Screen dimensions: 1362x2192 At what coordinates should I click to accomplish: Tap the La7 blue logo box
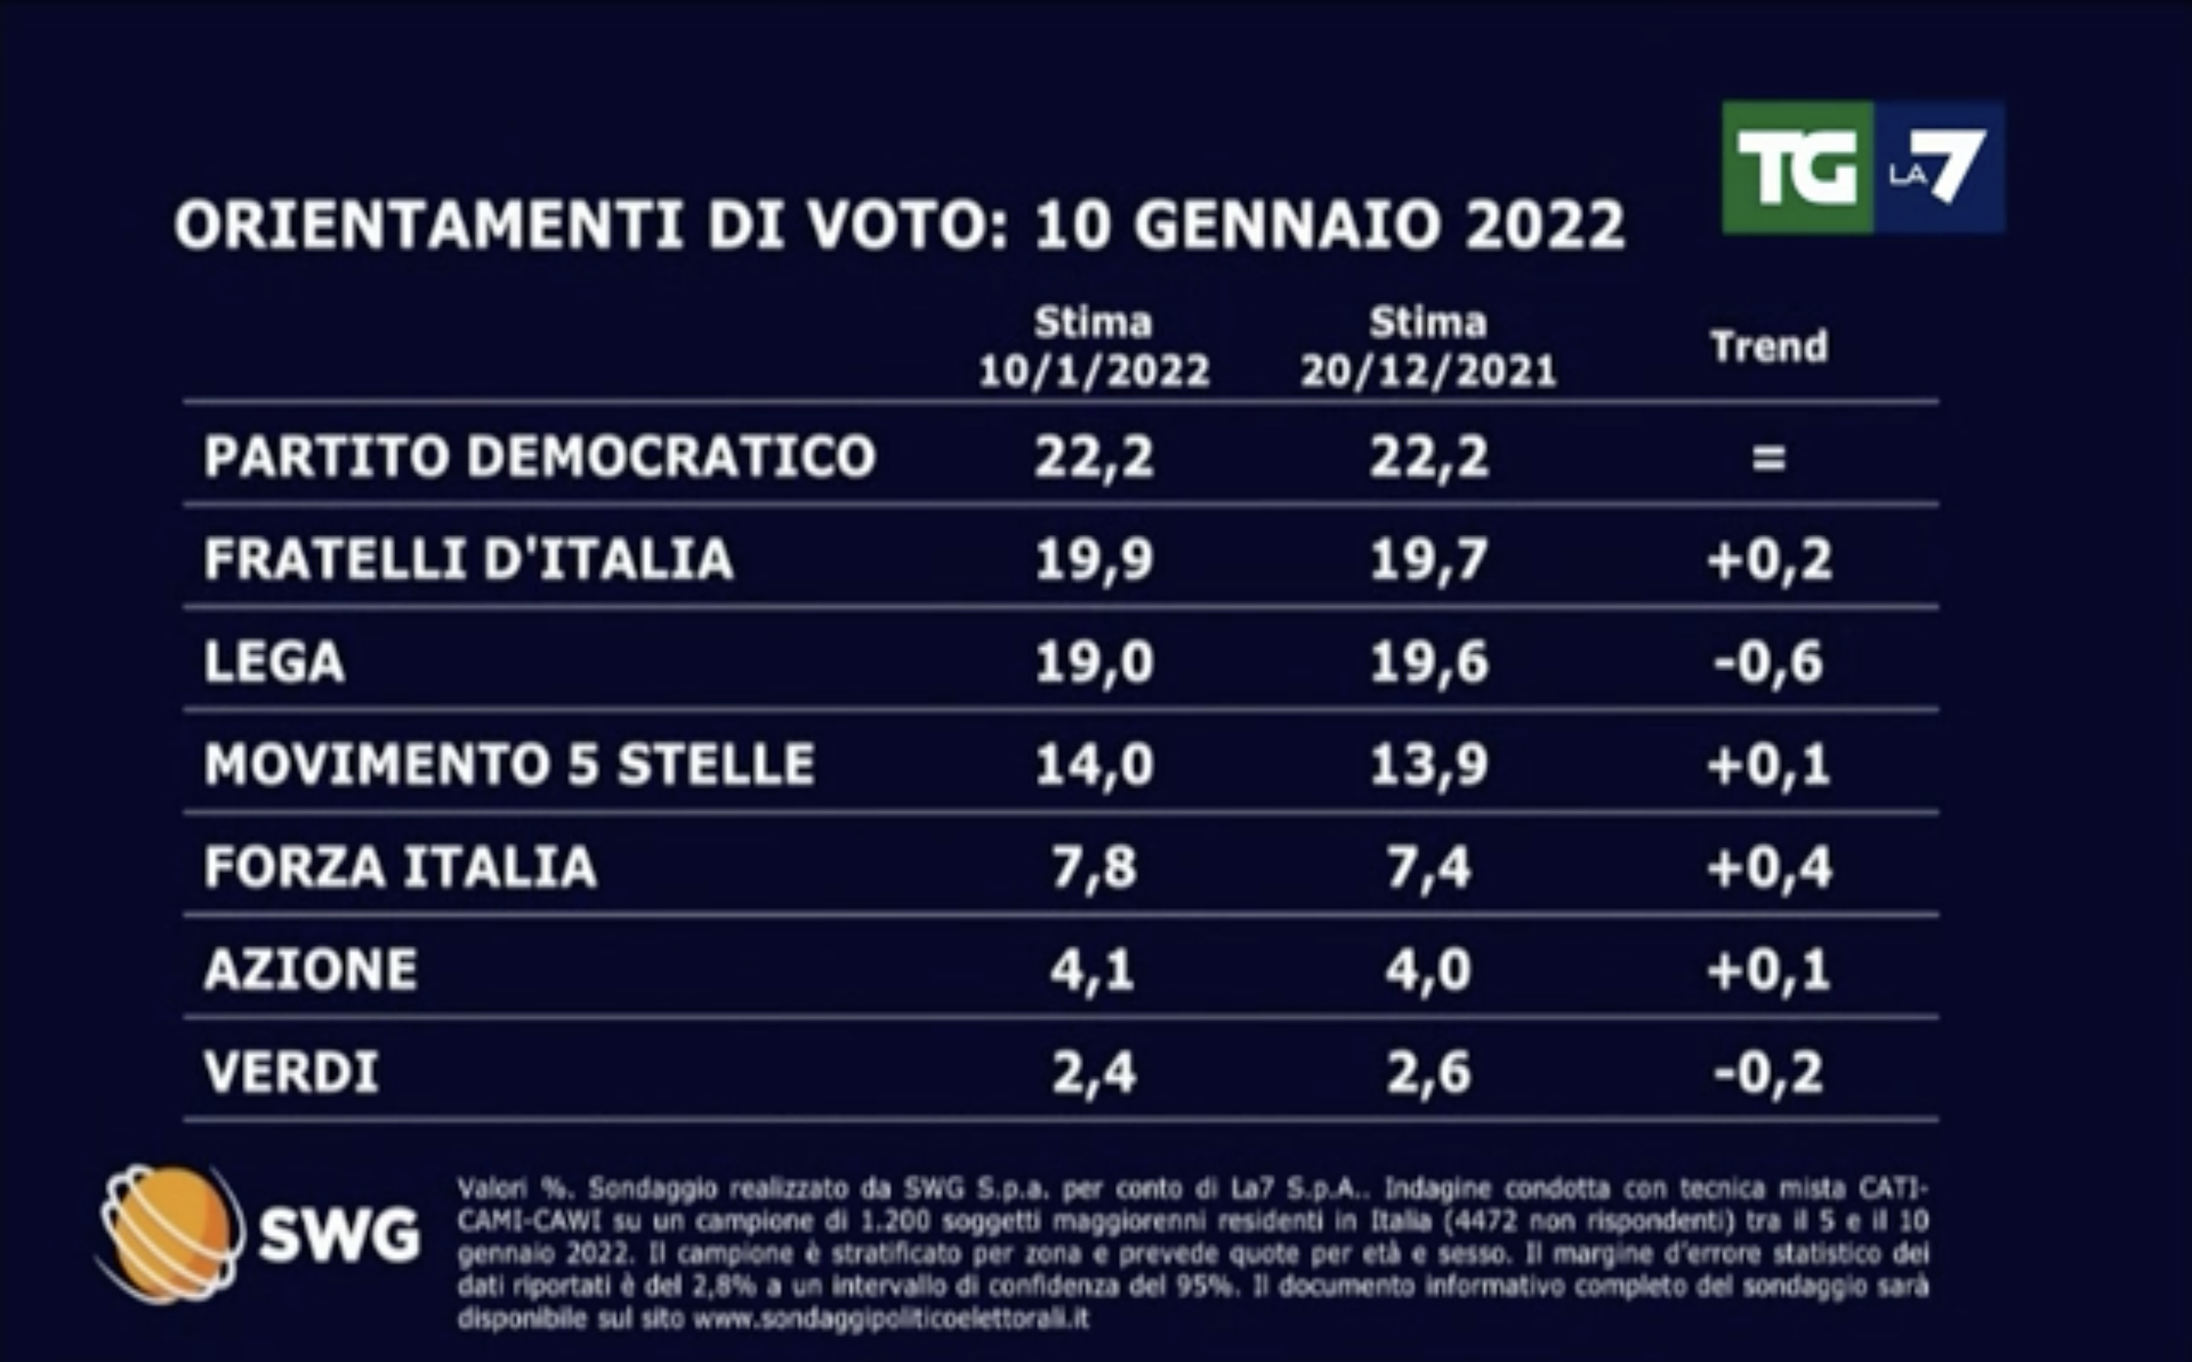(x=1939, y=167)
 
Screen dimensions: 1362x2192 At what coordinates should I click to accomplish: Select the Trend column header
(x=1769, y=347)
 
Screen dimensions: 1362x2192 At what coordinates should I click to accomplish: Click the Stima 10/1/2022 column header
(x=1094, y=347)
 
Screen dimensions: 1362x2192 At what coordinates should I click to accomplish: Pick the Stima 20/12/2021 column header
(x=1428, y=347)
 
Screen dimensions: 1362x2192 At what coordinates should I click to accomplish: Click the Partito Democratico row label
(x=539, y=456)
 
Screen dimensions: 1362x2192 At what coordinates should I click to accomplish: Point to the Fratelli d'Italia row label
(x=469, y=558)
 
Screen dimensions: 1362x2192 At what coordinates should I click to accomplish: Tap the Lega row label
(x=274, y=662)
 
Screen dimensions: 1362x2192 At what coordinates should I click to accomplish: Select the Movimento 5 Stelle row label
(x=509, y=764)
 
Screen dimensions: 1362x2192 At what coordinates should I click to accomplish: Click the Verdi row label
(x=291, y=1072)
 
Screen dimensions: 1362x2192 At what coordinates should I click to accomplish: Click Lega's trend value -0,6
(x=1769, y=662)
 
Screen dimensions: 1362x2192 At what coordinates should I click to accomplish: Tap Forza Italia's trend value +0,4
(x=1769, y=867)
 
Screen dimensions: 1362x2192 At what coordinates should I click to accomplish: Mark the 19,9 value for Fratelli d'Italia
(x=1094, y=559)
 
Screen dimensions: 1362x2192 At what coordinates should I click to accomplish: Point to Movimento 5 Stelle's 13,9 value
(x=1428, y=765)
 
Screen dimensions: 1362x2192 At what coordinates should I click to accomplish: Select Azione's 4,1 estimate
(x=1094, y=970)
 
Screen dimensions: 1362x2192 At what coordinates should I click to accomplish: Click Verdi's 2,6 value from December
(x=1428, y=1073)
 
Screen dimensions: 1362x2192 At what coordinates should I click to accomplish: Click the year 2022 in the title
(x=1544, y=224)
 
